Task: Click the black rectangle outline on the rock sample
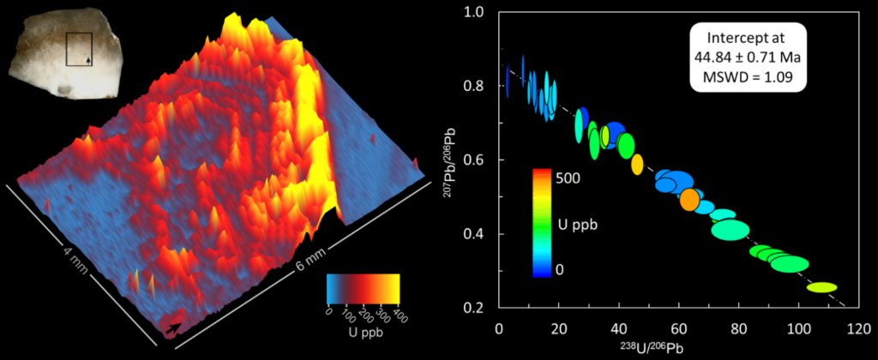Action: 80,48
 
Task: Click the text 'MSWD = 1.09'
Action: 748,75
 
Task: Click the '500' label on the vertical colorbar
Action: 568,178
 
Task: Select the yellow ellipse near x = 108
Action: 822,288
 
